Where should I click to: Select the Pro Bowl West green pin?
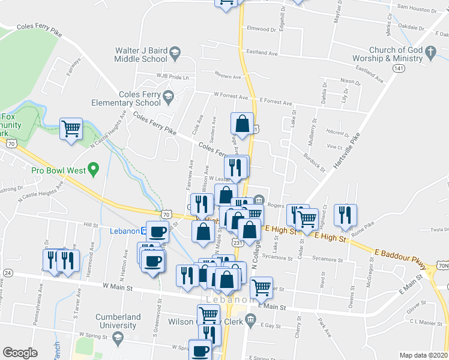(92, 170)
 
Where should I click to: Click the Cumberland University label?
(118, 321)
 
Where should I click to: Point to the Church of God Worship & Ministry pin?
(430, 54)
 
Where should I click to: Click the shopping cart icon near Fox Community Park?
(71, 128)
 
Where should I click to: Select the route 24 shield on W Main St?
(7, 272)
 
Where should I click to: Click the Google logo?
(19, 353)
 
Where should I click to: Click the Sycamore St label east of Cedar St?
(328, 259)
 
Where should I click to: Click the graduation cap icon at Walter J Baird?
(175, 53)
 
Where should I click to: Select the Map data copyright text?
(423, 355)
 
